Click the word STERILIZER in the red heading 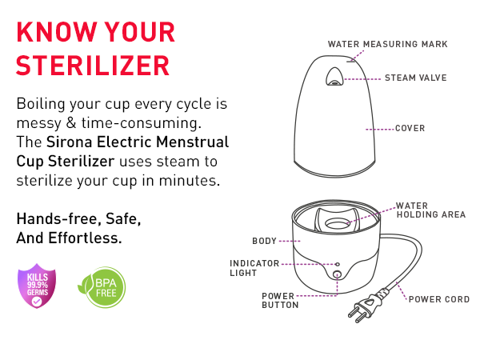[93, 66]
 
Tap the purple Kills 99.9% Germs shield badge [37, 286]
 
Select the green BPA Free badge [102, 287]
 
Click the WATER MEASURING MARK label [388, 44]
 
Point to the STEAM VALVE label [416, 78]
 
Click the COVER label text [410, 128]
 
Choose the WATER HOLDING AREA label [431, 210]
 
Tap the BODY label [264, 242]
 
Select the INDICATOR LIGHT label [254, 268]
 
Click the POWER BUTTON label [280, 301]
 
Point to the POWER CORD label [439, 299]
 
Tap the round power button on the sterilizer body [337, 274]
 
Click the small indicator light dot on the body [338, 264]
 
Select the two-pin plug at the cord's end [366, 306]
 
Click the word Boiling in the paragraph [41, 105]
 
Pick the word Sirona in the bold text [69, 142]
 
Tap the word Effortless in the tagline [85, 238]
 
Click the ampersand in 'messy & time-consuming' [71, 123]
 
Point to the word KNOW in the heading [57, 32]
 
